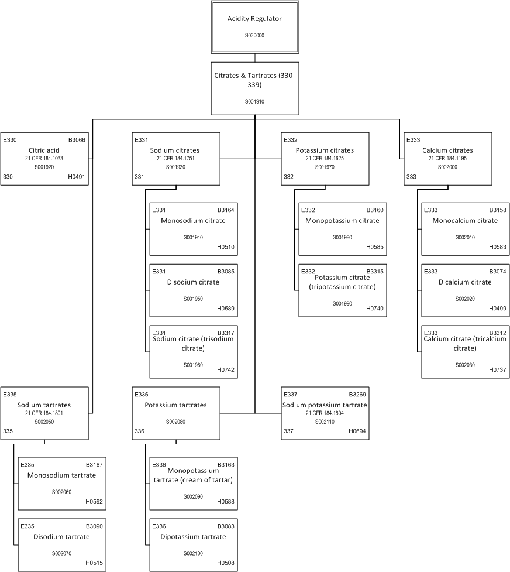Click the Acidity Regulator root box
[255, 27]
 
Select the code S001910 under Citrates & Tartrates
[254, 101]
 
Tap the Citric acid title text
[44, 150]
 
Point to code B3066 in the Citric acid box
[77, 140]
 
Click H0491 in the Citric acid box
[77, 177]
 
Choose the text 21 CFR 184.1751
[175, 158]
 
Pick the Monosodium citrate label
[193, 221]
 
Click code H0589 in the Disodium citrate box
[226, 309]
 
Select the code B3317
[226, 333]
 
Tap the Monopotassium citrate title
[342, 221]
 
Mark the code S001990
[342, 303]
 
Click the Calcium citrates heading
[447, 150]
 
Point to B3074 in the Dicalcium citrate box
[498, 272]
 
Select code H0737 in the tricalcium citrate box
[498, 369]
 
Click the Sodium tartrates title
[44, 405]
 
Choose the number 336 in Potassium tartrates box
[139, 431]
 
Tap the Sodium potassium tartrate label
[325, 405]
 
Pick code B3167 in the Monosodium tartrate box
[94, 465]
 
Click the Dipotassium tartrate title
[193, 537]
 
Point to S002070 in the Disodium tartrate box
[61, 553]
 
